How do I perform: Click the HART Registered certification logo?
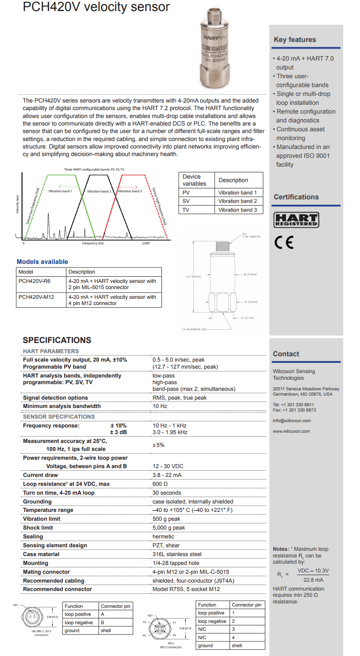[x=296, y=220]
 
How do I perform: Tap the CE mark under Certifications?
[x=283, y=243]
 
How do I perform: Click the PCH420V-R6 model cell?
[x=34, y=281]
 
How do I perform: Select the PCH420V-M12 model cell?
[x=36, y=297]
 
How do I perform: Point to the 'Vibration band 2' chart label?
[x=99, y=191]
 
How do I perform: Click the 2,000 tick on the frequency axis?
[x=146, y=244]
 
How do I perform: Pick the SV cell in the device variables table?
[x=186, y=201]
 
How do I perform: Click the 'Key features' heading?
[x=295, y=40]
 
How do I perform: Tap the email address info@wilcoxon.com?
[x=291, y=420]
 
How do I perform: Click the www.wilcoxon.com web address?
[x=291, y=431]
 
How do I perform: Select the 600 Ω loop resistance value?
[x=160, y=484]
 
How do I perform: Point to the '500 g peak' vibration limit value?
[x=166, y=519]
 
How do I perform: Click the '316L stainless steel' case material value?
[x=177, y=554]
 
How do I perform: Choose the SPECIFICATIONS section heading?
[x=57, y=340]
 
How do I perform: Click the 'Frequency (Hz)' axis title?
[x=93, y=244]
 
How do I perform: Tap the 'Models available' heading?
[x=42, y=262]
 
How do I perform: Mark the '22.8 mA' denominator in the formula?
[x=313, y=580]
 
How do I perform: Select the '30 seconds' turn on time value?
[x=167, y=493]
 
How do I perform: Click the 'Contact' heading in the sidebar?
[x=286, y=354]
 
